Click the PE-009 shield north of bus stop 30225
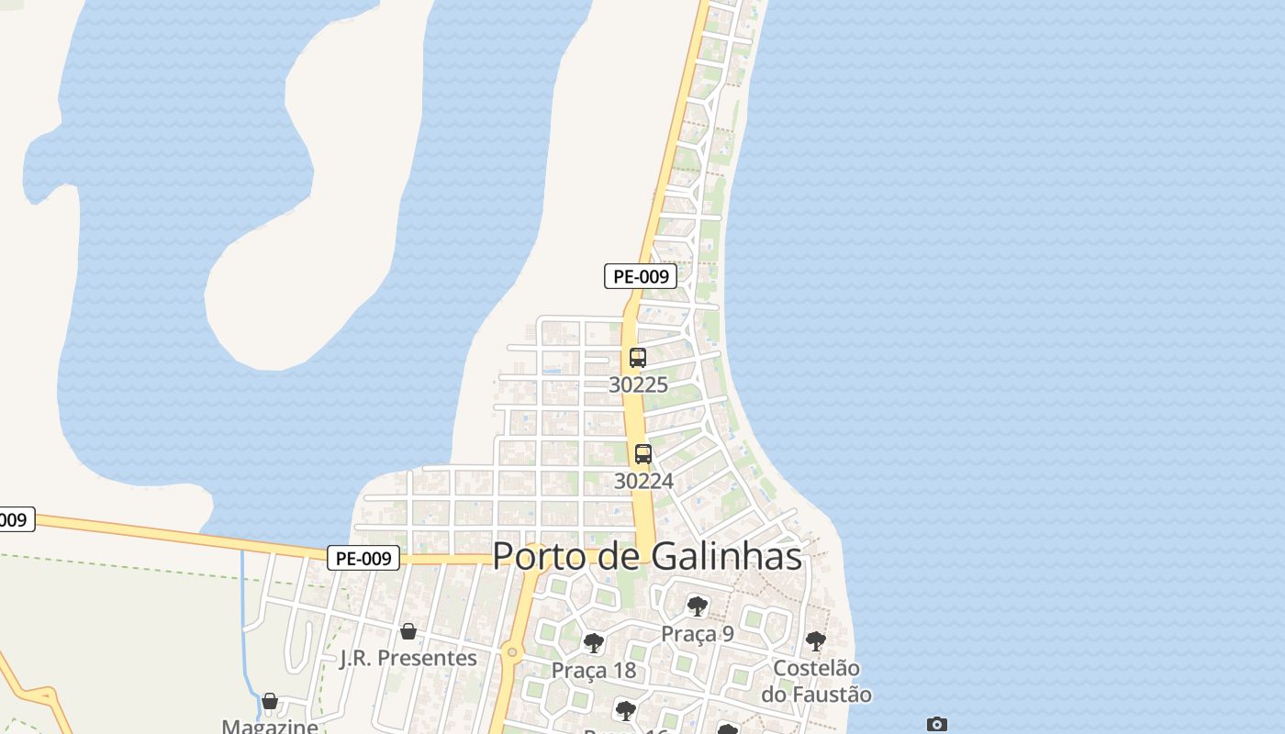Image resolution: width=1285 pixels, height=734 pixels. coord(641,276)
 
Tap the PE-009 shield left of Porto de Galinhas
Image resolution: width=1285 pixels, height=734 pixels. coord(363,558)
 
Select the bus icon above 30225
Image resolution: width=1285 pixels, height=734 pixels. coord(638,358)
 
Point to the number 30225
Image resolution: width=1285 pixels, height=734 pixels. coord(638,384)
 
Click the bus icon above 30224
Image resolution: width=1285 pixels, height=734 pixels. coord(643,453)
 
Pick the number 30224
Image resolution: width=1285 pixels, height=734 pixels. coord(643,481)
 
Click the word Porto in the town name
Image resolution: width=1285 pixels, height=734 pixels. coord(536,556)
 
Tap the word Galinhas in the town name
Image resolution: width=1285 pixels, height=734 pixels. coord(727,556)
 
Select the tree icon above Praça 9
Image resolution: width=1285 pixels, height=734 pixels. coord(698,606)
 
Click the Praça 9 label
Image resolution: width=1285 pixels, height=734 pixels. coord(698,634)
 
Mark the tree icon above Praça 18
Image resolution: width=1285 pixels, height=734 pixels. coord(594,642)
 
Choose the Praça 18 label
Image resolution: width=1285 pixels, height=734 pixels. coord(594,671)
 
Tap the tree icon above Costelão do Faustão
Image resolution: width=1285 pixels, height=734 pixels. coord(816,641)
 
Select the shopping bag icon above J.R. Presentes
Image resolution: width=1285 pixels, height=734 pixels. coord(408,631)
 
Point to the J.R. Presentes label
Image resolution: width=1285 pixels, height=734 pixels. coord(408,659)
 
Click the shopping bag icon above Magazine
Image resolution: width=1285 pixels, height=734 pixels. coord(270,702)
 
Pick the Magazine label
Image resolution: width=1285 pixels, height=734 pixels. coord(270,727)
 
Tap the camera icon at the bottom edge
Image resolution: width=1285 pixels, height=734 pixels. coord(936,725)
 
